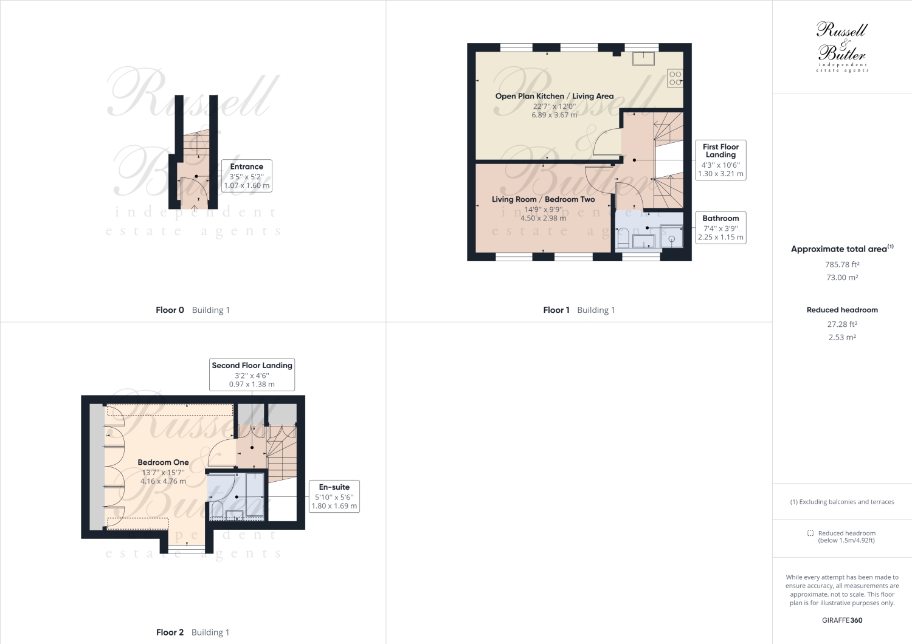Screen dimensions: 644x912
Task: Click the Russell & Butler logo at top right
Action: (842, 47)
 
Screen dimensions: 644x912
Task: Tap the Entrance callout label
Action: (247, 176)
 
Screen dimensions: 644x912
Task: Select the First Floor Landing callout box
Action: (720, 160)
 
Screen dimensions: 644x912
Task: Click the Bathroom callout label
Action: (720, 227)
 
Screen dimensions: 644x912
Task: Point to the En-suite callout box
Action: (334, 496)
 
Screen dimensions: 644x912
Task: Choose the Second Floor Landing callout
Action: (252, 374)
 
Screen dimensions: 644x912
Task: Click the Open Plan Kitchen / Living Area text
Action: (554, 96)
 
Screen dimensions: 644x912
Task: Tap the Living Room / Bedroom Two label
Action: (543, 199)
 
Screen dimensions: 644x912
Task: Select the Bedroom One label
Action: (163, 462)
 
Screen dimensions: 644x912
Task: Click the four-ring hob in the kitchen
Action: (675, 78)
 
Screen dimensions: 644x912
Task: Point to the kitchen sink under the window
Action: (643, 58)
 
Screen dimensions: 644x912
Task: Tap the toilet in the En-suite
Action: (217, 510)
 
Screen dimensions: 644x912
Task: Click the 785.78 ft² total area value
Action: (842, 264)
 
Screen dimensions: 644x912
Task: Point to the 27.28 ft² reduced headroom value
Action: (842, 324)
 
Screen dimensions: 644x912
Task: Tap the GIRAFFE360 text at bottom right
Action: (842, 620)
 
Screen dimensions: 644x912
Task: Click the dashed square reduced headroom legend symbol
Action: (810, 533)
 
